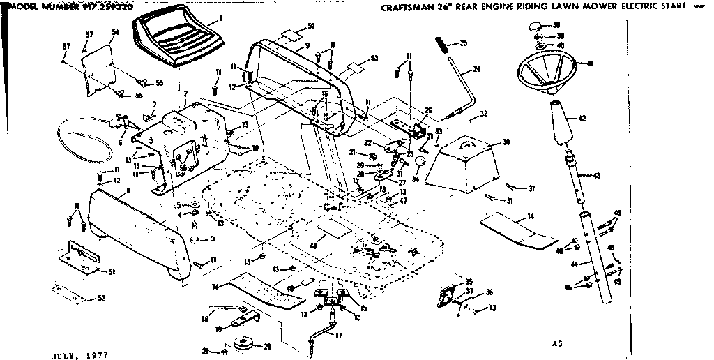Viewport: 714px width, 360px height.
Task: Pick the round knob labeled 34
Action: [420, 162]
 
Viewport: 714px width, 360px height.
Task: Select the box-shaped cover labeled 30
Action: [463, 165]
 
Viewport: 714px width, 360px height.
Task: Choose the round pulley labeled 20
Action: [245, 344]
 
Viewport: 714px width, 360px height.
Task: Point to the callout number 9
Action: [306, 45]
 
